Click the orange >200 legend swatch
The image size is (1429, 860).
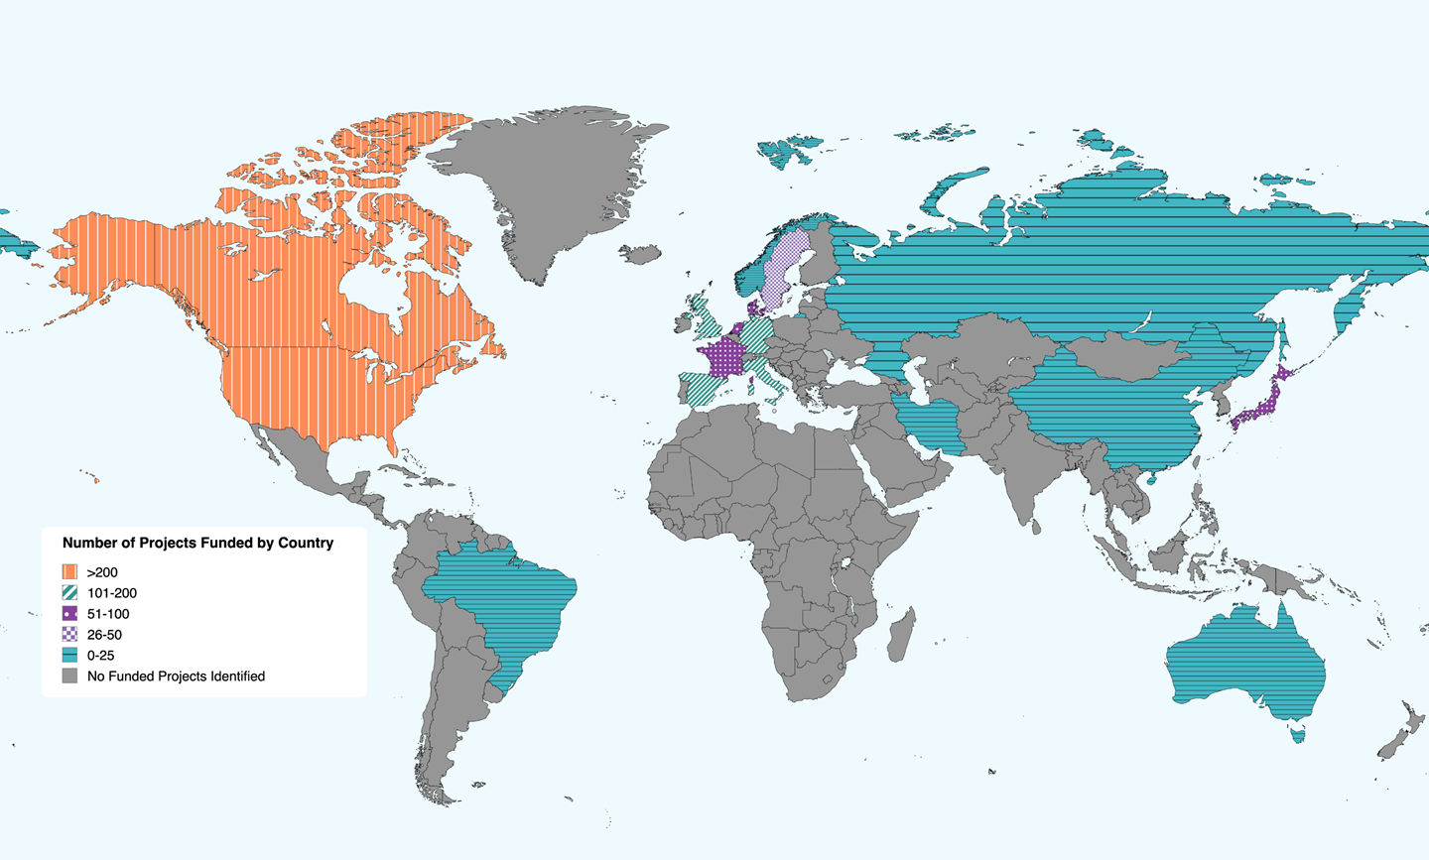69,572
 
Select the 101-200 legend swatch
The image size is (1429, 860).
69,593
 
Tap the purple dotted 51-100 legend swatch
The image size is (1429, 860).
69,614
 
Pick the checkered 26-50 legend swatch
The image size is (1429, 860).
69,635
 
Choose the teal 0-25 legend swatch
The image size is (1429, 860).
69,656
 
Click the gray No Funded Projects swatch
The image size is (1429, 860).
69,676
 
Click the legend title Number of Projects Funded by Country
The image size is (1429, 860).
197,543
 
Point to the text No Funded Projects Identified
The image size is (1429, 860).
176,676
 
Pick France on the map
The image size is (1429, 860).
721,358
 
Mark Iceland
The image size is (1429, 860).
640,255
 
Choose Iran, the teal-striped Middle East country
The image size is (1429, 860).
933,422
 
